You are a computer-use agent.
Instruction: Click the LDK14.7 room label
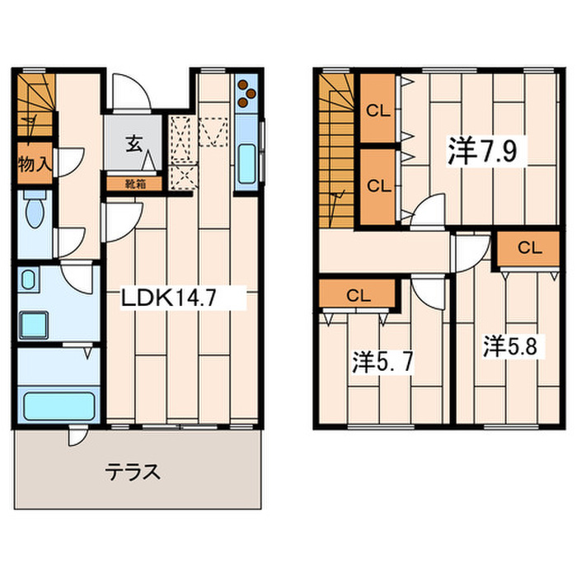[168, 298]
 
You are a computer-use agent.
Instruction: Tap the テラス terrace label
[133, 472]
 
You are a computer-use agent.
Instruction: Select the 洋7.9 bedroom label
[482, 151]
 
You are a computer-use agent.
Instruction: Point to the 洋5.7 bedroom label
[382, 362]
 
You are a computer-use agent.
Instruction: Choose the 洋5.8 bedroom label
[510, 346]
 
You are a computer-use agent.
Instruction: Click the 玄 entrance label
[134, 144]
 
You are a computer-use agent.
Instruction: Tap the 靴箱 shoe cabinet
[134, 184]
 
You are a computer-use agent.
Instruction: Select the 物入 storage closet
[35, 163]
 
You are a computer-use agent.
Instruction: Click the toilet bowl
[35, 209]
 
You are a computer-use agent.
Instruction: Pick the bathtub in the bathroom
[59, 406]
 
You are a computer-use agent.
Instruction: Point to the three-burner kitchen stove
[246, 93]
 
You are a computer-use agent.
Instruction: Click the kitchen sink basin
[247, 163]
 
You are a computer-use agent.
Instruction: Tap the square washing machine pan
[34, 325]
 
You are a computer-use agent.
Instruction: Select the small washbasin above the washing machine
[28, 279]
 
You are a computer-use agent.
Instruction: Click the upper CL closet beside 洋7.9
[378, 108]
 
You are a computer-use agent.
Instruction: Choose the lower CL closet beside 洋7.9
[378, 186]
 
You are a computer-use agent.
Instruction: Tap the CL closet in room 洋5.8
[528, 248]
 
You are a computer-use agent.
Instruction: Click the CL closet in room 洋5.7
[357, 293]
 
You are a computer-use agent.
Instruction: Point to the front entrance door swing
[131, 92]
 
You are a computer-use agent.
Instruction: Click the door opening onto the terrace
[77, 435]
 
